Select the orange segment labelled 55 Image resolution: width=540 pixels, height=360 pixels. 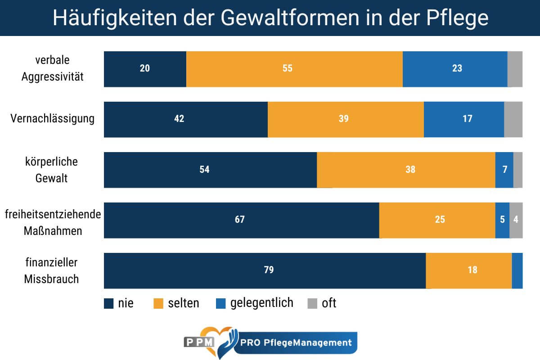(x=294, y=69)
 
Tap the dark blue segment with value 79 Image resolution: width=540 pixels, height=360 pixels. (x=265, y=270)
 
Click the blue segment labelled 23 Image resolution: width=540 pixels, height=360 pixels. (x=455, y=69)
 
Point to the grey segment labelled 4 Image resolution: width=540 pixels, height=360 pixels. (x=516, y=220)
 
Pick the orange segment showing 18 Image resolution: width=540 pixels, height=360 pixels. (x=468, y=270)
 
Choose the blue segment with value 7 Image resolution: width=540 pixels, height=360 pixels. (x=504, y=170)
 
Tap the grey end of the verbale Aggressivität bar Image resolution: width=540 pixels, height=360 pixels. (x=515, y=69)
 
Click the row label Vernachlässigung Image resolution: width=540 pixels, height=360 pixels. (x=53, y=119)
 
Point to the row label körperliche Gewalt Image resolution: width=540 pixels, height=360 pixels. (x=52, y=170)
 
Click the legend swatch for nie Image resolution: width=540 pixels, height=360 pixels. (x=108, y=303)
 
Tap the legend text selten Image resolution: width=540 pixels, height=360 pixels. (x=184, y=303)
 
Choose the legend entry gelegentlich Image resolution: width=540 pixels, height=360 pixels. (x=261, y=303)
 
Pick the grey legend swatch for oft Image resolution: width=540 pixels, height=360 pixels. (x=312, y=303)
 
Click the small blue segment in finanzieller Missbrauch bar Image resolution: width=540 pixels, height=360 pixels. (x=517, y=270)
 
